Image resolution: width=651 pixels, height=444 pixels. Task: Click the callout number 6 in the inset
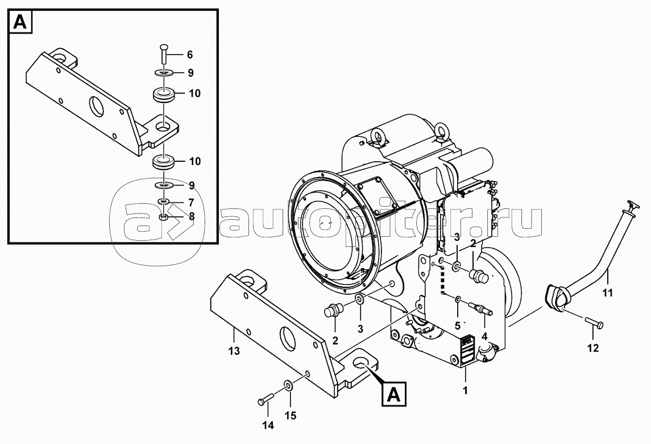(190, 55)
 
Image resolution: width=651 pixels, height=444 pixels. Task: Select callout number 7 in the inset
(190, 203)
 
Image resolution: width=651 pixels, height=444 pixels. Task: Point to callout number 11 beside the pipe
(607, 293)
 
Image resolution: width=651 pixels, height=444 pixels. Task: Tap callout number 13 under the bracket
(234, 351)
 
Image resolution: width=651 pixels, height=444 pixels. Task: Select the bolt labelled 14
(266, 399)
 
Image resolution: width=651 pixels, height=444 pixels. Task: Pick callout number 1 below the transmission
(466, 390)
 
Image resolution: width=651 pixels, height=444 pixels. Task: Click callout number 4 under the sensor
(484, 335)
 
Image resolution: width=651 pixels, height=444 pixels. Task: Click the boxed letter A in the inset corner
(21, 22)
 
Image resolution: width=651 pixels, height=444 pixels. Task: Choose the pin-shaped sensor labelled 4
(481, 308)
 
